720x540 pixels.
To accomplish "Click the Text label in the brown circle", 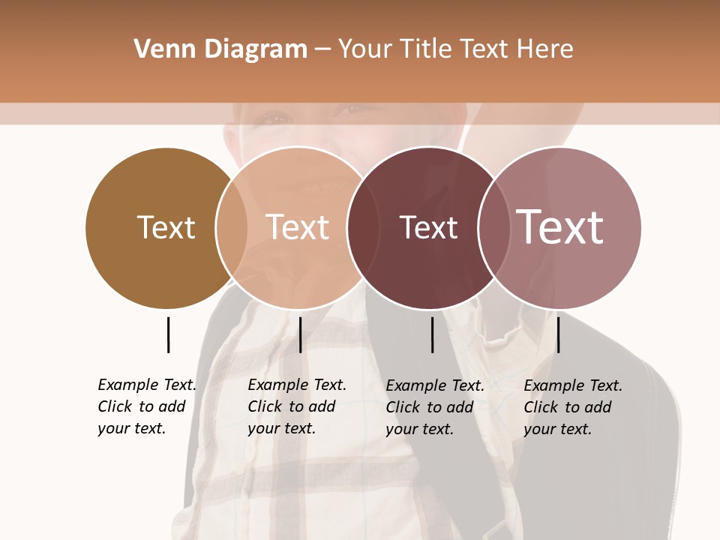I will [166, 227].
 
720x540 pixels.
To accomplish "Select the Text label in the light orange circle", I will [298, 227].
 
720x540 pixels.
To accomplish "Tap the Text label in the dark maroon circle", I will [428, 227].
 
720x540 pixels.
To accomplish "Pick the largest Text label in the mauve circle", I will [560, 227].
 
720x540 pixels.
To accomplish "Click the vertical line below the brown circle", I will [168, 334].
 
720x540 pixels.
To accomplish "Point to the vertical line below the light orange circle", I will [300, 334].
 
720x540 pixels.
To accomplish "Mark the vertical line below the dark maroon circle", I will [432, 334].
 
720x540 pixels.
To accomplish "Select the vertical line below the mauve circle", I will [558, 334].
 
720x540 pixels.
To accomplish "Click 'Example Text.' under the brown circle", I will [147, 385].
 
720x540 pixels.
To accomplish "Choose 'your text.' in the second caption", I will [281, 429].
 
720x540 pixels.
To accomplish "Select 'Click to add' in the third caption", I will [430, 407].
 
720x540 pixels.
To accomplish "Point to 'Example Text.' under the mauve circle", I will [573, 385].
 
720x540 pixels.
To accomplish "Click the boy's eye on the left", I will [276, 118].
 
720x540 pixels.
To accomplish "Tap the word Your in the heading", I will [365, 49].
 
